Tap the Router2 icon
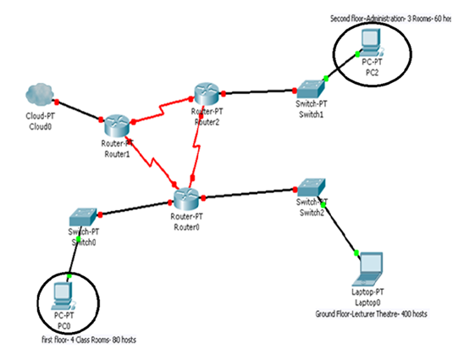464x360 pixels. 205,94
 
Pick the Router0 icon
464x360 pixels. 185,199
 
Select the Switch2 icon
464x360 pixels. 307,188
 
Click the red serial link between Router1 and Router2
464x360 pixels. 161,109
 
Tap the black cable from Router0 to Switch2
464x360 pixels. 246,196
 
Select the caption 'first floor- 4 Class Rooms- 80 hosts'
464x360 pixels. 88,339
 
